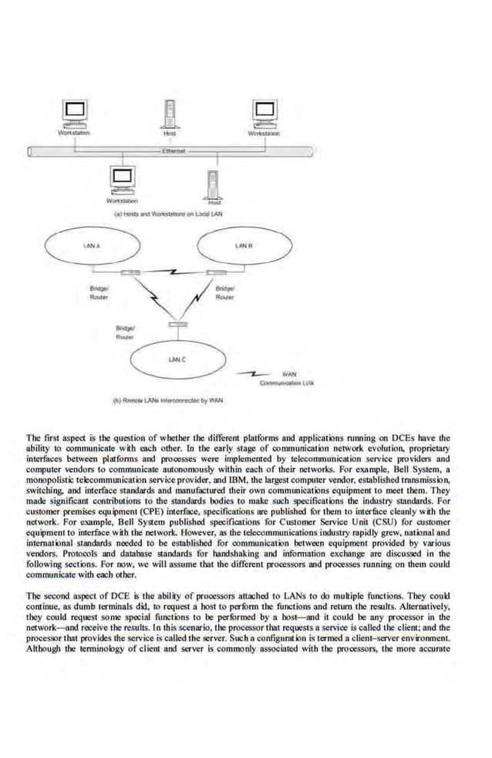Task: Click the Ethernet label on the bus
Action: tap(172, 152)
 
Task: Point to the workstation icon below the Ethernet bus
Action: tap(123, 180)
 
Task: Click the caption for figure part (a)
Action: tap(167, 214)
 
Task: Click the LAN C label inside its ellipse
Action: tap(177, 359)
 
